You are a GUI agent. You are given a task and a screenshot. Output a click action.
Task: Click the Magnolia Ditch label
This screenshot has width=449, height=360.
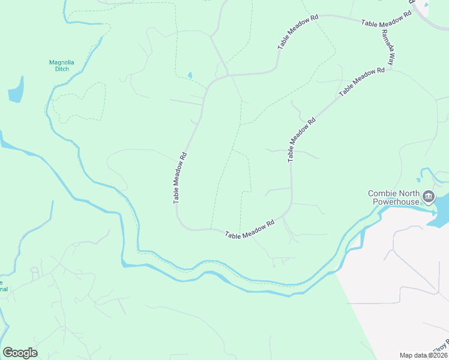59,65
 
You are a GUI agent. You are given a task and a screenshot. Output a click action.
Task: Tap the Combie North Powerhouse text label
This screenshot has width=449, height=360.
393,197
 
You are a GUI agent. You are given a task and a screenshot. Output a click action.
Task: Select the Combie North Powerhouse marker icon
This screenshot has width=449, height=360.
429,197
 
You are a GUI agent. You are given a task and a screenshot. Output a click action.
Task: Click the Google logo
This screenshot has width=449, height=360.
20,353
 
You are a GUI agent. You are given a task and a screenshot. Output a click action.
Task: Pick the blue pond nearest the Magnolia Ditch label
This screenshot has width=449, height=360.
16,89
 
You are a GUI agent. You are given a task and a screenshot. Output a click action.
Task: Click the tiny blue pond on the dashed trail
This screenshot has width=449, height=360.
190,76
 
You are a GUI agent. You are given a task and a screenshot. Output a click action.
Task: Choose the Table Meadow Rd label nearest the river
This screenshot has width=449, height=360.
250,229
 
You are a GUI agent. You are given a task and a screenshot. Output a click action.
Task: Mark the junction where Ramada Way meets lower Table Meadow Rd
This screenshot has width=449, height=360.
390,68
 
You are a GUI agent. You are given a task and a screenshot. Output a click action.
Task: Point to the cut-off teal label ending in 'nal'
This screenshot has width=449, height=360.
3,286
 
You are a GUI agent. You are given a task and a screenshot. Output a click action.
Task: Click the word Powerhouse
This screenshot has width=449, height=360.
394,202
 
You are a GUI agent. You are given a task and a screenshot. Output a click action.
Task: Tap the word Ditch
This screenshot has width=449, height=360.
59,69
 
